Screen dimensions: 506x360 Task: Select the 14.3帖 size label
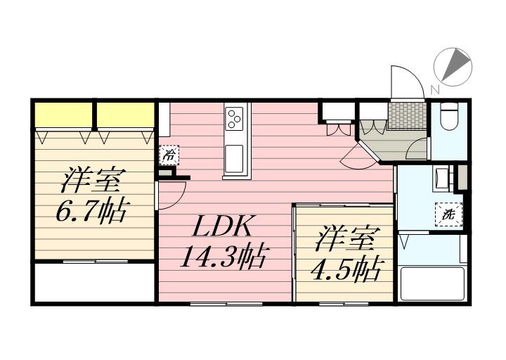pos(224,257)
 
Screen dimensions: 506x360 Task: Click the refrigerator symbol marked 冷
pos(169,155)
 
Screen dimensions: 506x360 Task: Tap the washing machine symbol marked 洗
pos(448,214)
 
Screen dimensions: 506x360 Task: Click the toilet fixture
pos(450,116)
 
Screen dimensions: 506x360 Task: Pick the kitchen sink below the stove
pos(233,159)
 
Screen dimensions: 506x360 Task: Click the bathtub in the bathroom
pos(434,283)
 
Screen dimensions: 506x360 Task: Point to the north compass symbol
pos(453,67)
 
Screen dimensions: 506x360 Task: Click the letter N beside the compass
pos(435,89)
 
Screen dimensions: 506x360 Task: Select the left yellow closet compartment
pos(63,115)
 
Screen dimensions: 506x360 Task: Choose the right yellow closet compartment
pos(125,115)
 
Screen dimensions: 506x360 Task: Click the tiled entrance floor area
pos(407,115)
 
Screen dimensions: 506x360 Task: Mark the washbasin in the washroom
pos(441,178)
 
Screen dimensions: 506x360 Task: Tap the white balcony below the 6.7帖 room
pos(94,282)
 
